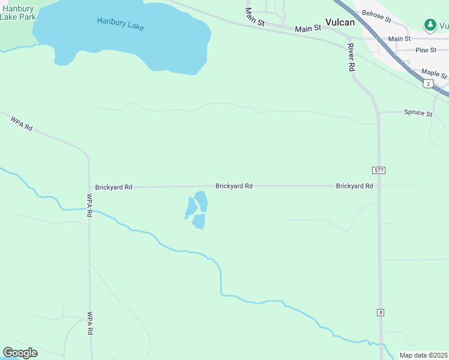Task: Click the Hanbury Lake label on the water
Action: (120, 24)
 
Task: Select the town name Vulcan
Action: (340, 22)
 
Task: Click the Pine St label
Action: (426, 50)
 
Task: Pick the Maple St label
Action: (434, 73)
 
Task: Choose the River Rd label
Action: (351, 58)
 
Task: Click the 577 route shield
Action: (378, 170)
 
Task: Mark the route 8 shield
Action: (380, 313)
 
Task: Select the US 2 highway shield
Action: (427, 84)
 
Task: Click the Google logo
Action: (20, 353)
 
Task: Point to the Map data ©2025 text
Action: (423, 355)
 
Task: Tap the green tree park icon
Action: (430, 25)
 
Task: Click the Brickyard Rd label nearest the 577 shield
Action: (354, 186)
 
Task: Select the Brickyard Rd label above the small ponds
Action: (234, 186)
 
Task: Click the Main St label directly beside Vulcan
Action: (308, 28)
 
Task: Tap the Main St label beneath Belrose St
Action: (399, 38)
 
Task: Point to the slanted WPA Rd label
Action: (20, 124)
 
